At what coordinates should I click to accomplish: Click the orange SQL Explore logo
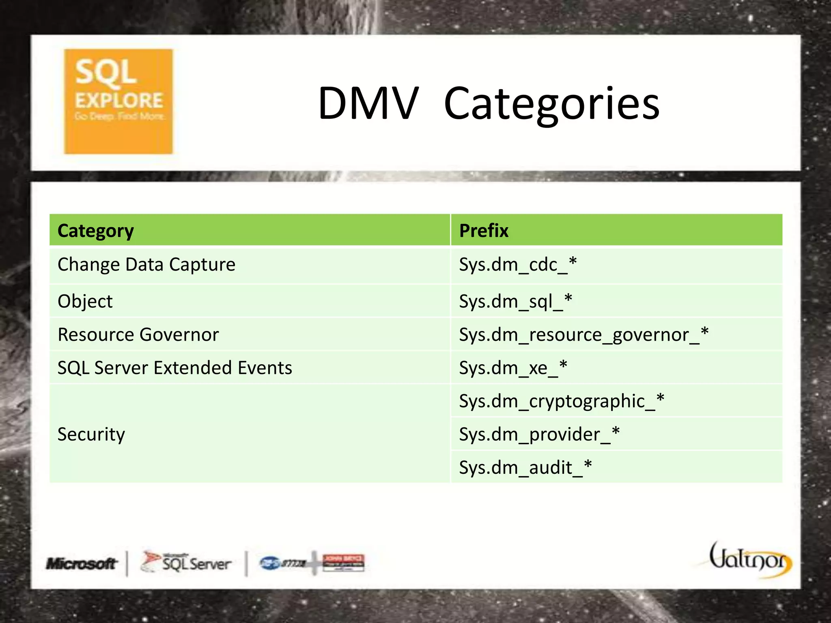[x=118, y=101]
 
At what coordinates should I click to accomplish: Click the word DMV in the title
[x=368, y=104]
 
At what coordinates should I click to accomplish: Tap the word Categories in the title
[x=552, y=105]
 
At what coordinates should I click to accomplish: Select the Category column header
[x=96, y=231]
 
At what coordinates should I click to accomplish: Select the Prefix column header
[x=484, y=231]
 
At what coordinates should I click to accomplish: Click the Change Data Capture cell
[x=146, y=265]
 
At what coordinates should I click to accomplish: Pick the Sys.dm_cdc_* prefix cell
[x=518, y=265]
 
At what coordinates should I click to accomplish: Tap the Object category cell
[x=85, y=301]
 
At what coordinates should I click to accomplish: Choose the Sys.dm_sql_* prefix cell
[x=515, y=301]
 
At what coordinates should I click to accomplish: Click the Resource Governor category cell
[x=138, y=335]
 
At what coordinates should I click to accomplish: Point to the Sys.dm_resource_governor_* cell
[x=583, y=335]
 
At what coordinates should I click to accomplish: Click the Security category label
[x=91, y=434]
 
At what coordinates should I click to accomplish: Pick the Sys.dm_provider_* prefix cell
[x=539, y=434]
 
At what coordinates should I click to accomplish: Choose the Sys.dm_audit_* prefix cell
[x=525, y=468]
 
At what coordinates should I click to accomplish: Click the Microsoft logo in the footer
[x=82, y=563]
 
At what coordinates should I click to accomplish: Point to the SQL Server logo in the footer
[x=186, y=562]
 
